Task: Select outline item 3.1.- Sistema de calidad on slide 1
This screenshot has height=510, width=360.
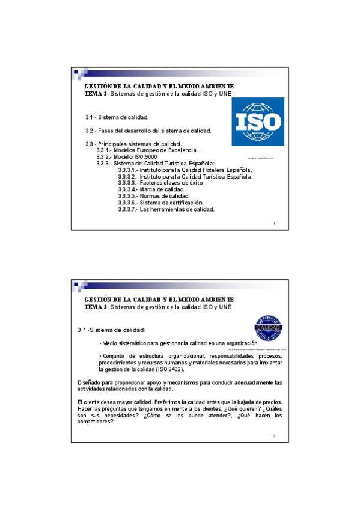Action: coord(117,117)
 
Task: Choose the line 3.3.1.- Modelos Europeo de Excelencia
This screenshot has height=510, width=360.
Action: coord(147,150)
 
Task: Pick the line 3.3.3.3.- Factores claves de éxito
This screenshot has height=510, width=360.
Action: coord(160,183)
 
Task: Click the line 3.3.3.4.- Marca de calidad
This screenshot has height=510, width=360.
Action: coord(151,189)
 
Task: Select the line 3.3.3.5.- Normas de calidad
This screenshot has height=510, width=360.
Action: coord(154,196)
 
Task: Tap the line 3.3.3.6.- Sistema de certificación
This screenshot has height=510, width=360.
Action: coord(160,203)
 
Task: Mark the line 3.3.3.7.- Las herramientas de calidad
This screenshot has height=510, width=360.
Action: coord(166,209)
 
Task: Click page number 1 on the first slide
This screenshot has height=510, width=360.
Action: coord(274,224)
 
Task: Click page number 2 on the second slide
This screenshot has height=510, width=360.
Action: coord(274,435)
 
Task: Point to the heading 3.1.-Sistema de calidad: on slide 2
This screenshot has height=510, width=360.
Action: coord(111,330)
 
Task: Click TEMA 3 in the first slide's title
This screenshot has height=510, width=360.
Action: coord(96,94)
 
